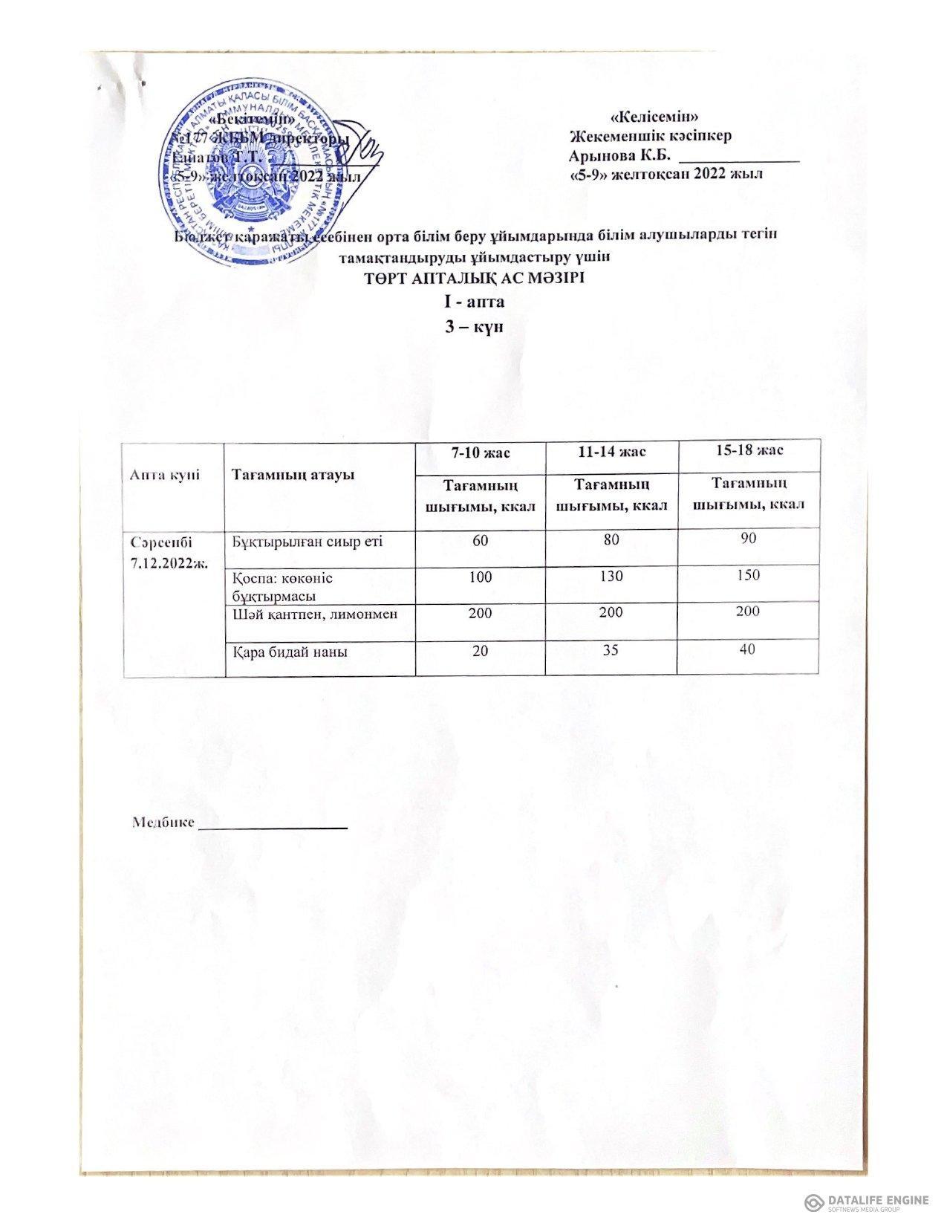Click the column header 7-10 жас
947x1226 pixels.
coord(480,452)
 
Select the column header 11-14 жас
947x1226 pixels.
coord(611,452)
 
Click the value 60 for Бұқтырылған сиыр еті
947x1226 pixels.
coord(480,540)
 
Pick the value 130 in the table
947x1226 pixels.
coord(611,577)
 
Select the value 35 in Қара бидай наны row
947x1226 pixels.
coord(611,651)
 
